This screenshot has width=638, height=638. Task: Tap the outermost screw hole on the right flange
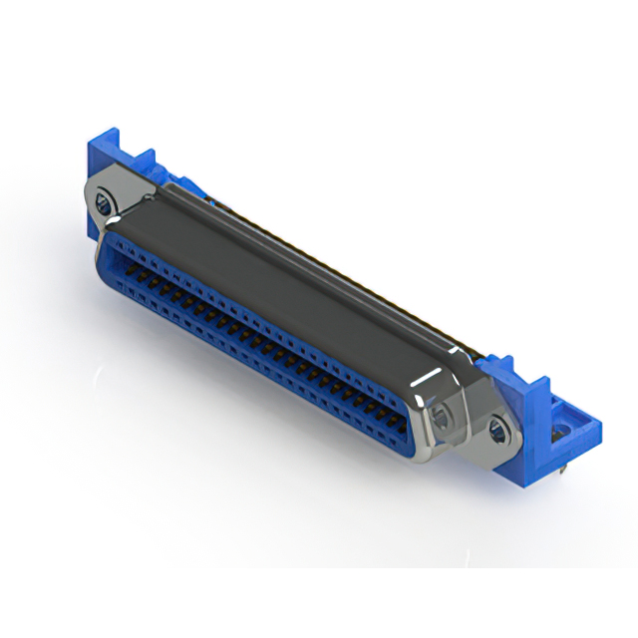[497, 430]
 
